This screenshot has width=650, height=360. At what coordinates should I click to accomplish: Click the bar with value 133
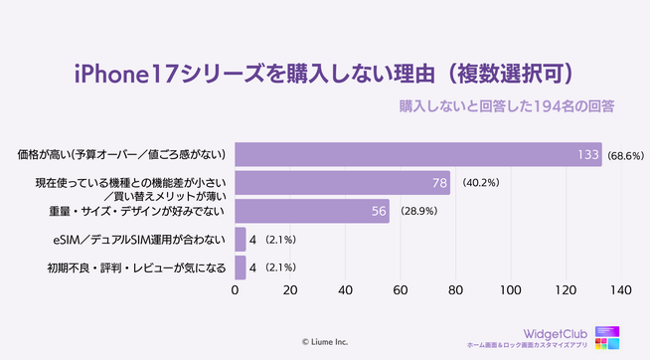tap(417, 154)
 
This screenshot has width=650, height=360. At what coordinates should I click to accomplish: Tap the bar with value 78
tap(342, 183)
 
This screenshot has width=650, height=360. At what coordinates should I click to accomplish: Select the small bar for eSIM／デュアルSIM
tap(240, 240)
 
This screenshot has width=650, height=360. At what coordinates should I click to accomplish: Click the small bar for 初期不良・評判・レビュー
tap(240, 268)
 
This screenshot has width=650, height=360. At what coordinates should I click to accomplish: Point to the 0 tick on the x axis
tap(235, 291)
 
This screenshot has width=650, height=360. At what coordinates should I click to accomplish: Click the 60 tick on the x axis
tap(401, 291)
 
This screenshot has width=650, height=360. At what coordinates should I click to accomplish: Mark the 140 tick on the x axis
tap(621, 291)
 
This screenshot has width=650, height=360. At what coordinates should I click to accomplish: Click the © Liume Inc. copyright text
tap(325, 340)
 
